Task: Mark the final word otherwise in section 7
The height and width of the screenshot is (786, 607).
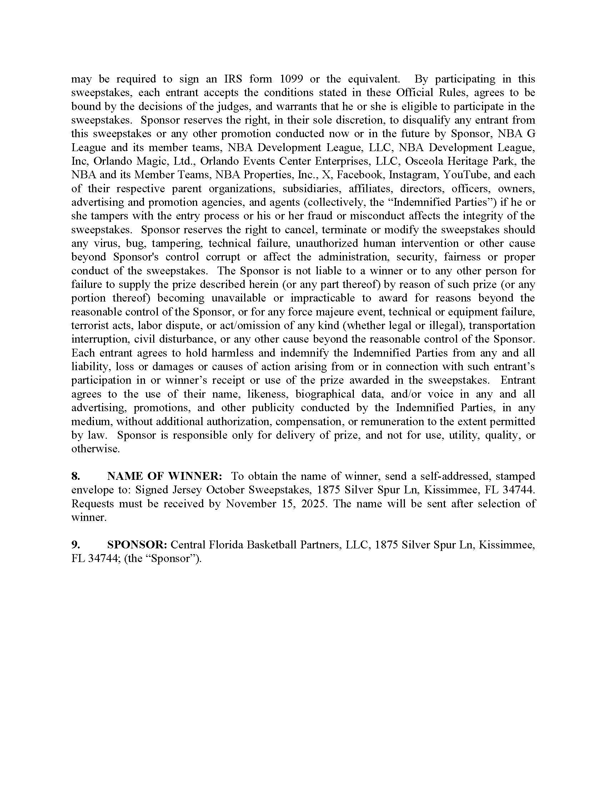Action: coord(95,449)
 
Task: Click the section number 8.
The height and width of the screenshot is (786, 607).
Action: coord(75,476)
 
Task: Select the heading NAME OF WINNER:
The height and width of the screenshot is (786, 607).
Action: coord(165,476)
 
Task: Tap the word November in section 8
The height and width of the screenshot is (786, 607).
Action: coord(250,503)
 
